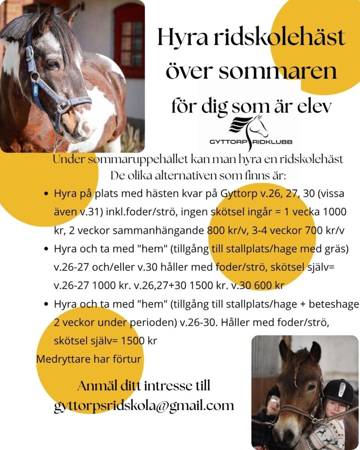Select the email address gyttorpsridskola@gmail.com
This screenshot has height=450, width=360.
[x=144, y=405]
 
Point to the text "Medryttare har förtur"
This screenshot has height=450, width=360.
[x=89, y=359]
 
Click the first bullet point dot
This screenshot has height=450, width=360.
[x=46, y=193]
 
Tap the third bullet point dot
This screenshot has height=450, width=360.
[x=46, y=304]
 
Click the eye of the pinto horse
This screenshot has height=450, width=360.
[x=53, y=63]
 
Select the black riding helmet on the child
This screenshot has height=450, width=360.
[x=338, y=391]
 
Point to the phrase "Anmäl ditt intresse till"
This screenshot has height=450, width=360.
[x=144, y=386]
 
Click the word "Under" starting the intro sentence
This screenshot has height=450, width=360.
[x=66, y=160]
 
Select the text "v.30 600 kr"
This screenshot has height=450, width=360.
[x=259, y=285]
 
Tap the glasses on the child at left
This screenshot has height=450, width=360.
[x=274, y=400]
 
